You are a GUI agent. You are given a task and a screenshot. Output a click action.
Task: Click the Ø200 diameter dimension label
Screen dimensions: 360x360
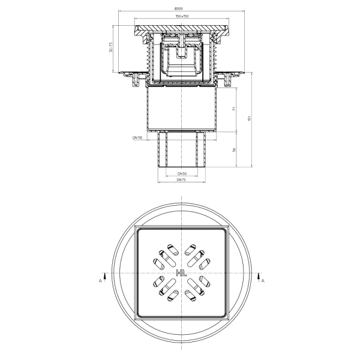pyautogui.click(x=179, y=8)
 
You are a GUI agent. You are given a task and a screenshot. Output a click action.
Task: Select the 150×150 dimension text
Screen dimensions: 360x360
pyautogui.click(x=182, y=16)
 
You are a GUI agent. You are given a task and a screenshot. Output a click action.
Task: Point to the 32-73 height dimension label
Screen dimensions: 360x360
pyautogui.click(x=110, y=47)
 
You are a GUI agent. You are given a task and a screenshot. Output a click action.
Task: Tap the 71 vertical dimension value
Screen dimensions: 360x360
pyautogui.click(x=234, y=109)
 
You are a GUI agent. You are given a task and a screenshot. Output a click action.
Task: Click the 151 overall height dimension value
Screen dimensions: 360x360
pyautogui.click(x=250, y=118)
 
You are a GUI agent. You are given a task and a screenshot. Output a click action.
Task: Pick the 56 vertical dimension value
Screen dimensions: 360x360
pyautogui.click(x=234, y=150)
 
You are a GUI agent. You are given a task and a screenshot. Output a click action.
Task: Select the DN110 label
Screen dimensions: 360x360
pyautogui.click(x=137, y=138)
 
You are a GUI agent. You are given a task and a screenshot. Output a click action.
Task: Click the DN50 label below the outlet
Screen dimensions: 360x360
pyautogui.click(x=182, y=173)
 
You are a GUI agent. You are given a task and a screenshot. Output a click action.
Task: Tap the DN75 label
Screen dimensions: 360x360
pyautogui.click(x=181, y=180)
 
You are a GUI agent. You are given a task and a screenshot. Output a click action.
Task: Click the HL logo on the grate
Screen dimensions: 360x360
pyautogui.click(x=182, y=273)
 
